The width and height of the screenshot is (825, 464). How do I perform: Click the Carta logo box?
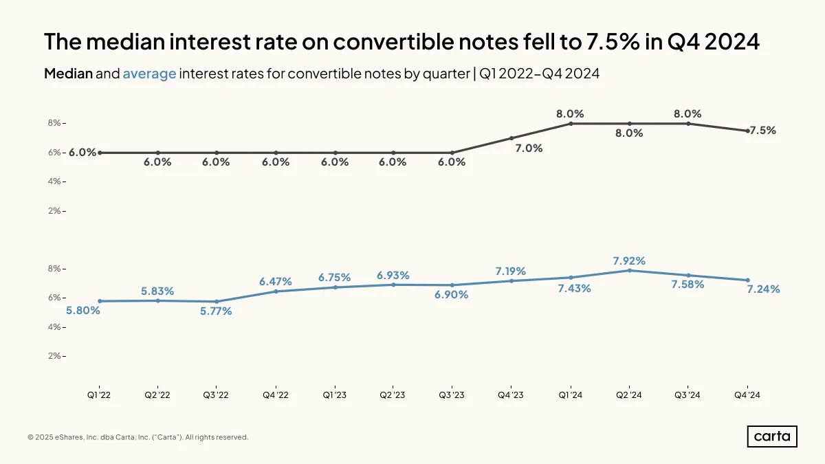772,437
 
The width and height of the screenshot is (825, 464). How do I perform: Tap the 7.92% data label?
629,261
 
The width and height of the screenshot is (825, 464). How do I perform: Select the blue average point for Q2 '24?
630,270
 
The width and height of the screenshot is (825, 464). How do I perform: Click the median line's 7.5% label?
762,131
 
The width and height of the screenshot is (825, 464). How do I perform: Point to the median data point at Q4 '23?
511,138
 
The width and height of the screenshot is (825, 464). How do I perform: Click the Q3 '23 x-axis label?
452,395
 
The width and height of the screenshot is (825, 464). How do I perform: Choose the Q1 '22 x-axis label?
99,395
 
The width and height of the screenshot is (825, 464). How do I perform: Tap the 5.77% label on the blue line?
216,311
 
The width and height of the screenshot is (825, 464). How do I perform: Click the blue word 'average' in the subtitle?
150,74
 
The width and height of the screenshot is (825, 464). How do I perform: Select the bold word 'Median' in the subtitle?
69,74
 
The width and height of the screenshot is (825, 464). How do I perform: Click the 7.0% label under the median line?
529,148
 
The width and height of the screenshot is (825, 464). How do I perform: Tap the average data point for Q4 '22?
276,291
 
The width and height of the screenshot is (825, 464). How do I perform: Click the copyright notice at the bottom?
137,437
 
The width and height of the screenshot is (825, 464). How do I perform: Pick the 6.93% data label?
393,276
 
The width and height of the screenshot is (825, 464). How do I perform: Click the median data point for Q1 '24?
571,124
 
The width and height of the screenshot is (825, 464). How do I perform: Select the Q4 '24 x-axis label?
747,395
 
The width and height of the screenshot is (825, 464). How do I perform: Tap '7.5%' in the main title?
613,41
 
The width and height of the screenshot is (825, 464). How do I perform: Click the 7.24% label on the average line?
763,289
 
